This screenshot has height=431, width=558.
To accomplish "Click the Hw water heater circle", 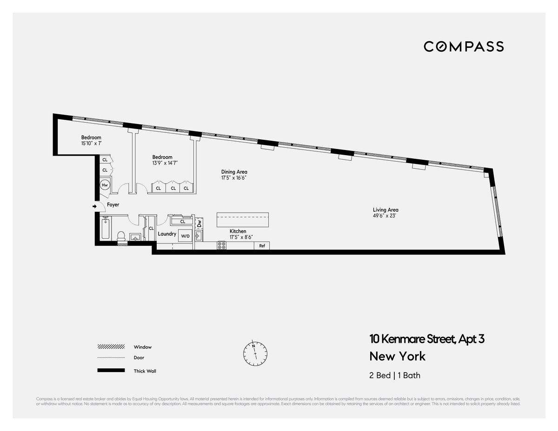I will [105, 185].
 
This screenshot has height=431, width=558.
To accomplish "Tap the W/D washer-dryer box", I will [186, 236].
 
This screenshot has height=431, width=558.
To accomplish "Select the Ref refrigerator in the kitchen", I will [262, 246].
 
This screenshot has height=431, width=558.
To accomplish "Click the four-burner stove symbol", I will [222, 246].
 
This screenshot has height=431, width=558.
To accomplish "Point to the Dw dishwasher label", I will [199, 223].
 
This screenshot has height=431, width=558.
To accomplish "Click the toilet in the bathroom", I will [121, 236].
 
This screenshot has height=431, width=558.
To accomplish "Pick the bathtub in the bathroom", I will [106, 229].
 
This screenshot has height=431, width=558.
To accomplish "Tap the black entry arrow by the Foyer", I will [95, 206].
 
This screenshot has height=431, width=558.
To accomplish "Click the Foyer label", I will [113, 205].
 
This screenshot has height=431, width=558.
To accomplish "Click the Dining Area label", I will [234, 172].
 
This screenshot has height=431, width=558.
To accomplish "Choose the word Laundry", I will [167, 234].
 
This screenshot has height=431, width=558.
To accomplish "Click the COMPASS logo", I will [464, 46].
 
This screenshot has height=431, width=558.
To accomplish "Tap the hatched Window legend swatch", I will [111, 347].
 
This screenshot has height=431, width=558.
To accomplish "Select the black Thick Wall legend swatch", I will [111, 371].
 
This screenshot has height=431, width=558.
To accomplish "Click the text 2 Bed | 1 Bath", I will [395, 375].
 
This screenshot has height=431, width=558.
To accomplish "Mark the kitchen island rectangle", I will [243, 220].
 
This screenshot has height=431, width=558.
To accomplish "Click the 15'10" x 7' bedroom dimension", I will [91, 144].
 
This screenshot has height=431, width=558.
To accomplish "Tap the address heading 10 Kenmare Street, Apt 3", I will [427, 339].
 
